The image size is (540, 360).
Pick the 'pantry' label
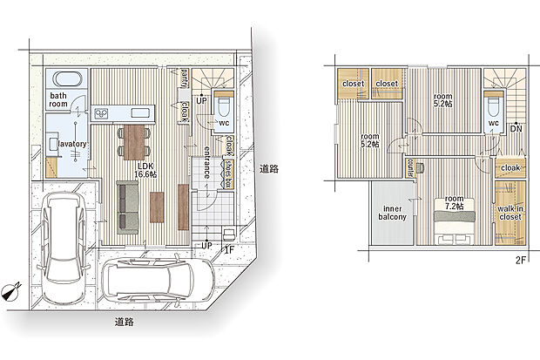pyautogui.click(x=185, y=78)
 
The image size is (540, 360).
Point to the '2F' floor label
pyautogui.click(x=521, y=260)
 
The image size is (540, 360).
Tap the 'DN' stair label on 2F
pyautogui.click(x=516, y=128)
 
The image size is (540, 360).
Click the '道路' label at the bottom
pyautogui.click(x=125, y=322)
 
